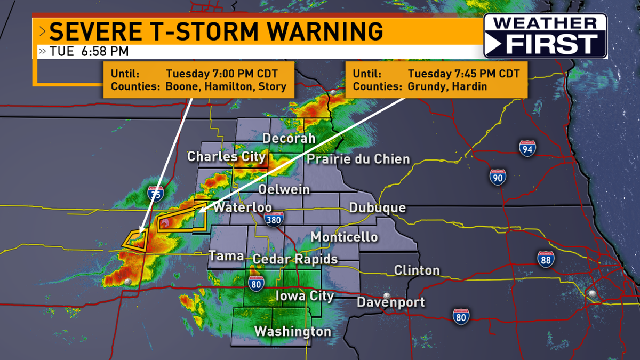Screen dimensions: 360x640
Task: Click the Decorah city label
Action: (x=289, y=139)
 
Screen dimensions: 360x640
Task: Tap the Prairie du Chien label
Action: (x=358, y=159)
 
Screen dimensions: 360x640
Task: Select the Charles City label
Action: (x=226, y=157)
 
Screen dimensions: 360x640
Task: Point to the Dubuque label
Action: (x=377, y=208)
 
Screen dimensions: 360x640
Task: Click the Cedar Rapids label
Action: (x=295, y=259)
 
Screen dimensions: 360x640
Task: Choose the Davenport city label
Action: (x=390, y=302)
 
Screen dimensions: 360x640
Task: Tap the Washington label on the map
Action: (x=293, y=332)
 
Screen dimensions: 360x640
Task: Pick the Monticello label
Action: (x=344, y=237)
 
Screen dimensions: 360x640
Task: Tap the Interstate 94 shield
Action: (x=527, y=149)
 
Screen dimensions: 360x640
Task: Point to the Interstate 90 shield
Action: (x=498, y=177)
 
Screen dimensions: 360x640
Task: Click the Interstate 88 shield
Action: (x=546, y=259)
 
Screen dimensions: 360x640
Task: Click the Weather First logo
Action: (x=545, y=36)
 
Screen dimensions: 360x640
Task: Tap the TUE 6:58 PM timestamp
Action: (x=89, y=52)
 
